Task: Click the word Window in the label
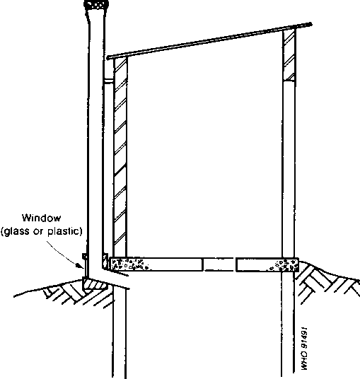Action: [41, 218]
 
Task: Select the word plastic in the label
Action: [64, 231]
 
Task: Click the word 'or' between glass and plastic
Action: [38, 232]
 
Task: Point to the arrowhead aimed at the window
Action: [81, 266]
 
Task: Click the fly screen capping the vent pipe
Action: [96, 5]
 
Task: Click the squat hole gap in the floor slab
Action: [219, 264]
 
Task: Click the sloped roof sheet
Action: [209, 40]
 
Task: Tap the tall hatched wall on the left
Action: [120, 157]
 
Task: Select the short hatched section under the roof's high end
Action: [289, 55]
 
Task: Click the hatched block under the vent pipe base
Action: [95, 284]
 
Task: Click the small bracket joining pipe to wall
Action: [109, 81]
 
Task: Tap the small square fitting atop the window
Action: [85, 256]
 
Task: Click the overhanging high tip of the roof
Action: [310, 24]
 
